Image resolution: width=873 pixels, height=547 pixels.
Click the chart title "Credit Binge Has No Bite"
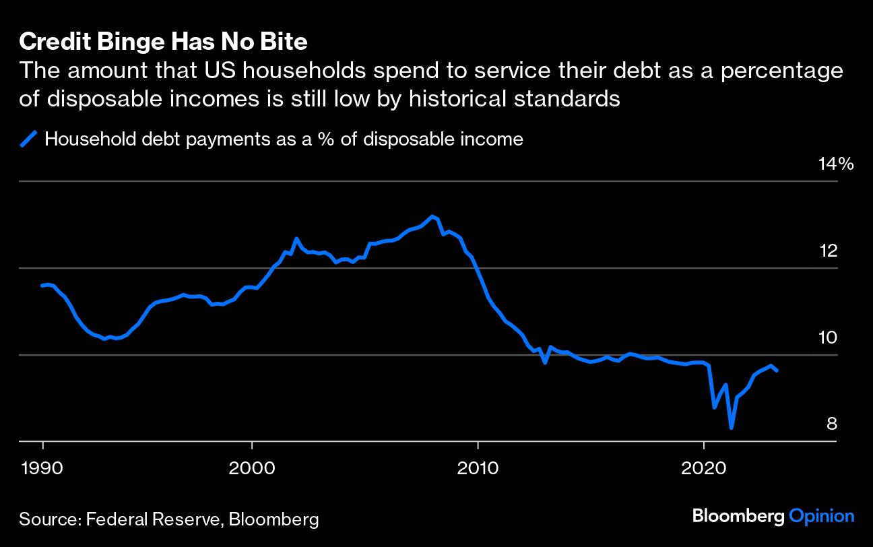163,42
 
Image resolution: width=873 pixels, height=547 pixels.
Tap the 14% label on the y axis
835,164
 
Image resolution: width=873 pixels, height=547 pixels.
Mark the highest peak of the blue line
432,216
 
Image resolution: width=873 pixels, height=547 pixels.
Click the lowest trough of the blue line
731,428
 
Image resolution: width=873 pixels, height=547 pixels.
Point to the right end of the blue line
777,371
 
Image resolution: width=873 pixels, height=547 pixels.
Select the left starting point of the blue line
42,286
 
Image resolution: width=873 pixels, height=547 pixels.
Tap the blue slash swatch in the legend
28,139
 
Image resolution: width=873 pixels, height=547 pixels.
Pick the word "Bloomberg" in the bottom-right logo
738,517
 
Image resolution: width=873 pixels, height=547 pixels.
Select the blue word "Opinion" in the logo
822,517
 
